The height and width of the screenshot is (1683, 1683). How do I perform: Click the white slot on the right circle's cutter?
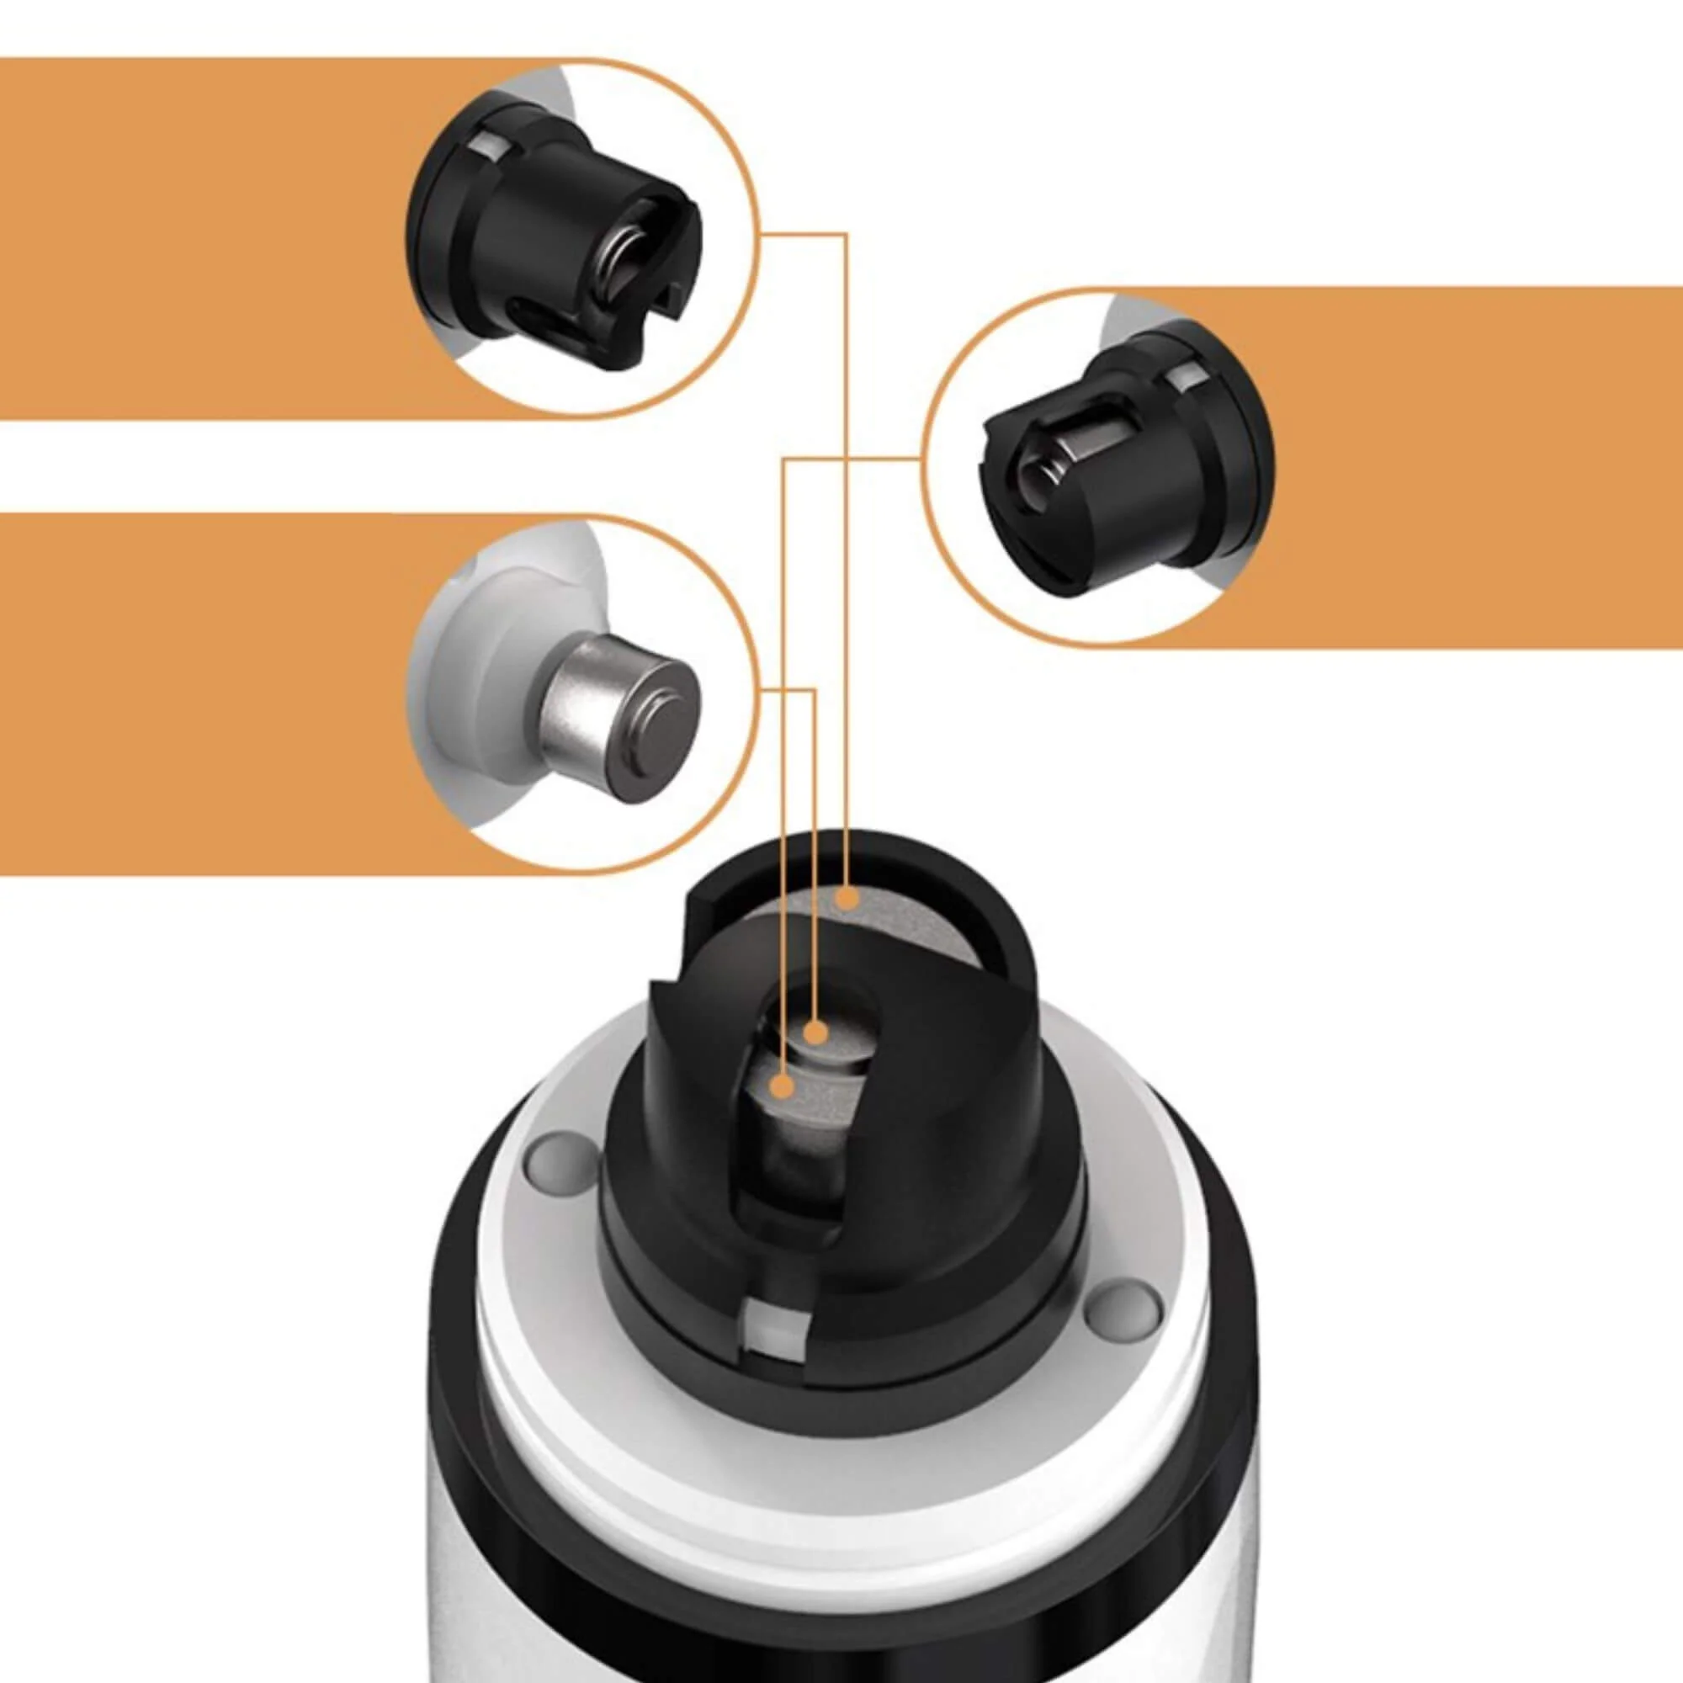(x=1186, y=378)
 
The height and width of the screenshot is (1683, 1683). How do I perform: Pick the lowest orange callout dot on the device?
(x=784, y=1086)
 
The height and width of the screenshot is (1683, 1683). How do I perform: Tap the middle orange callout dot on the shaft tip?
(x=815, y=1033)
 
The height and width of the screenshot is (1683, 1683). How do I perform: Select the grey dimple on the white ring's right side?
(x=1124, y=1329)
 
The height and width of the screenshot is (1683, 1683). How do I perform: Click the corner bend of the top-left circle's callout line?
(x=846, y=233)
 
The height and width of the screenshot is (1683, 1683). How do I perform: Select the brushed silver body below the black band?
(x=836, y=1647)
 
